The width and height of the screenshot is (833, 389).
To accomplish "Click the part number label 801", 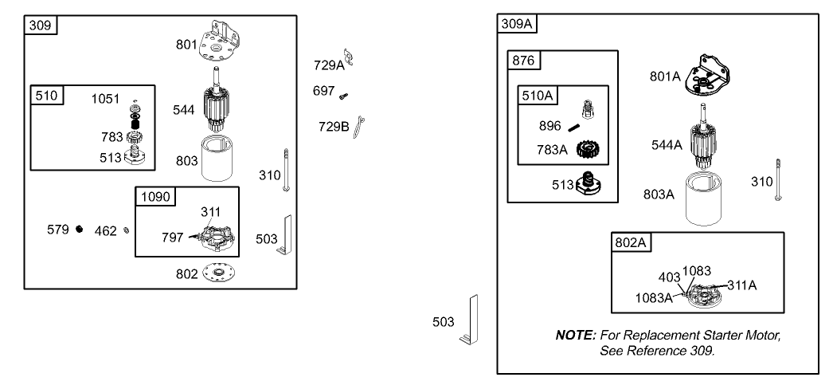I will coord(186,45).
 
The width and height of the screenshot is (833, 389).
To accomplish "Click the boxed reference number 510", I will coord(47,96).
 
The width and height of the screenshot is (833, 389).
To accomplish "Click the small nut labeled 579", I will coord(80,230).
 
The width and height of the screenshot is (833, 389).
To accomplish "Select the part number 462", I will coord(105,232).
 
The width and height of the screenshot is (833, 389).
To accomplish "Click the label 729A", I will coord(328,65).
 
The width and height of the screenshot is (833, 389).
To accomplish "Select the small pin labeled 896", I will coord(573,126).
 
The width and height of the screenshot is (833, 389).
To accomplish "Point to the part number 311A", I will coord(741,284).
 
